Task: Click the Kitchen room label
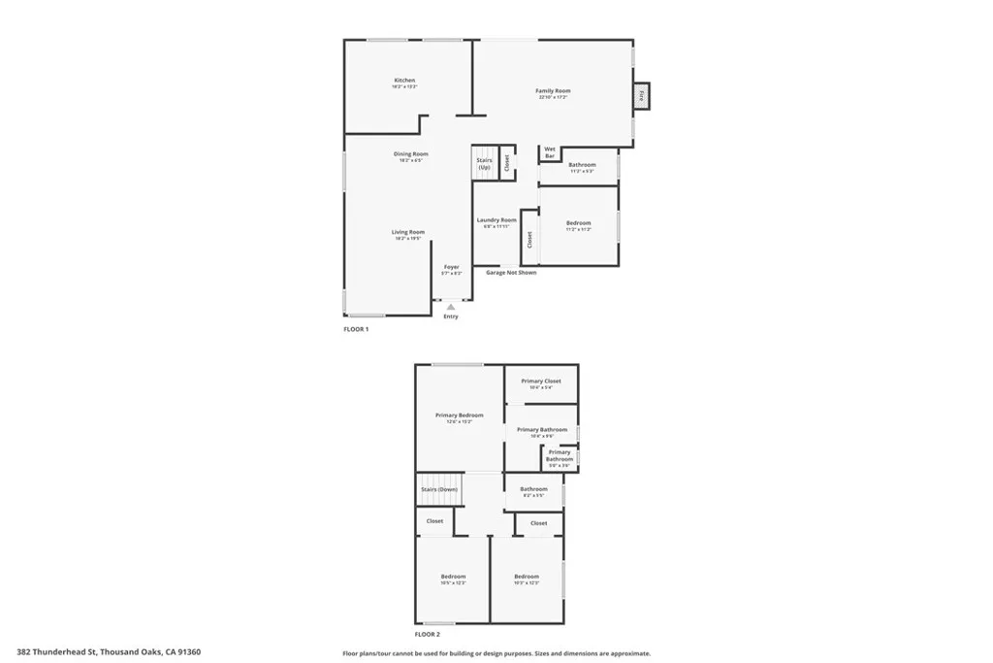point(404,81)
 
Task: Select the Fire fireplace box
point(640,96)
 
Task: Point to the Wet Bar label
point(550,152)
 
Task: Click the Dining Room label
point(410,154)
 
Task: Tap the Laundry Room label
point(496,221)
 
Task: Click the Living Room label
point(408,233)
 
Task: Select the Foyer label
point(451,267)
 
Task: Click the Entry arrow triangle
point(451,307)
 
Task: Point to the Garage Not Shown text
point(511,273)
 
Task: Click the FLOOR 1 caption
point(356,330)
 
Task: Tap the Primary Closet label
point(540,381)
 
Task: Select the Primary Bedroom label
point(459,415)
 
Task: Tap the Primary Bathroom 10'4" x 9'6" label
point(541,430)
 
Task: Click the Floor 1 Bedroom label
point(578,224)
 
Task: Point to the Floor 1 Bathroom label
point(582,166)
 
